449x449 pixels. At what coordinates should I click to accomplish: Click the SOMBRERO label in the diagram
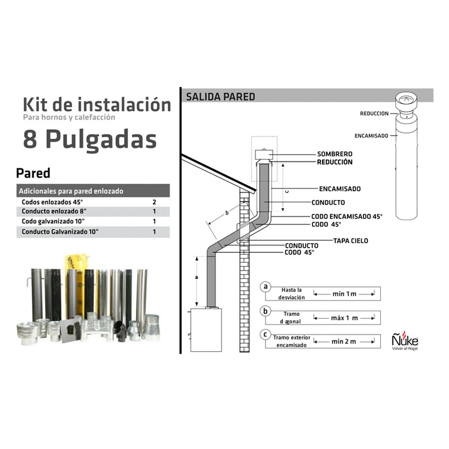click(x=335, y=154)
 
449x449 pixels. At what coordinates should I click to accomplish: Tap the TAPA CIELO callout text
click(x=351, y=241)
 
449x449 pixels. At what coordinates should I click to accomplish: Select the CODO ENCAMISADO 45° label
click(x=347, y=217)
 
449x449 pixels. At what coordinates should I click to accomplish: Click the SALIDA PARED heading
click(x=220, y=97)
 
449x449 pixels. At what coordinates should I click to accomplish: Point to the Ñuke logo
click(x=405, y=340)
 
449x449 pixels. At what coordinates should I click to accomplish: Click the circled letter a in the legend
click(x=265, y=287)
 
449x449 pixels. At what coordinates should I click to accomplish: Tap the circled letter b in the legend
click(x=265, y=311)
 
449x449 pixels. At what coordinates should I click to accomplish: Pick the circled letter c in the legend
click(x=265, y=335)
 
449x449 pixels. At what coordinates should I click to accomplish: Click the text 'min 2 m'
click(x=344, y=342)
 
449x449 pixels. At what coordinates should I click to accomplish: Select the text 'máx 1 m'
click(x=344, y=318)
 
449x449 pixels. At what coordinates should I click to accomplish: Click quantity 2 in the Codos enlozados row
click(x=154, y=202)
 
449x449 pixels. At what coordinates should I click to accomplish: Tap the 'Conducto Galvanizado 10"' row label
click(x=60, y=232)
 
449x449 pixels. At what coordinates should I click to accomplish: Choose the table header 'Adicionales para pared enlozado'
click(x=71, y=191)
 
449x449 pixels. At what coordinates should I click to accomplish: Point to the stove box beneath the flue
click(x=206, y=330)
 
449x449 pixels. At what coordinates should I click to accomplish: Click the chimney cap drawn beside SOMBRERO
click(x=264, y=154)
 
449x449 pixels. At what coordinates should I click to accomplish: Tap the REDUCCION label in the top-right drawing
click(x=374, y=113)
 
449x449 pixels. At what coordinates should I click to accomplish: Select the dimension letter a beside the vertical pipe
click(x=197, y=277)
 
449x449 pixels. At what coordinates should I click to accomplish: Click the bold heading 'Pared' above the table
click(x=33, y=173)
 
